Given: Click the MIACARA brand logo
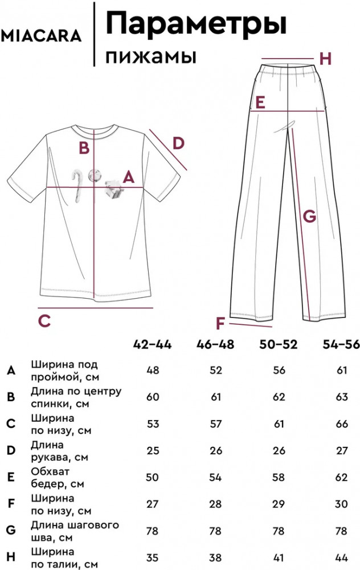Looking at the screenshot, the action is [41, 36].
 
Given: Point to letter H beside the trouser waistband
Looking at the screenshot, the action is [325, 59].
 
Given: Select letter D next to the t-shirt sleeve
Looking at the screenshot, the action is [178, 144].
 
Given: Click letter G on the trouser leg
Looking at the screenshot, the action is [309, 216].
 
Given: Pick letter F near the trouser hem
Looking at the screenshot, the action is [220, 324].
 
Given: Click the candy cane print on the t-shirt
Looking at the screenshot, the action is [77, 185].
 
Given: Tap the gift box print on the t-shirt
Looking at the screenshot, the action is [114, 189].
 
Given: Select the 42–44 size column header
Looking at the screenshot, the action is [152, 344].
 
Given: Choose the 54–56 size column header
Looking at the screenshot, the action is [341, 344].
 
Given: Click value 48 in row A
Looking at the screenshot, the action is [153, 370].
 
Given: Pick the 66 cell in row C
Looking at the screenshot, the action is [342, 424].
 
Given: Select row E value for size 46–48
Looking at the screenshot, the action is [215, 477].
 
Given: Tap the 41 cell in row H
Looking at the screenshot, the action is [279, 557].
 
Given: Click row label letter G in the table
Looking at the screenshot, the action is [11, 530].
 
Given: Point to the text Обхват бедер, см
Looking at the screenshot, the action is [58, 478].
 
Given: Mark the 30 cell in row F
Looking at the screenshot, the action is [342, 504].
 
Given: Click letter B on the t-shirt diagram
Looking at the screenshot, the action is [84, 148].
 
